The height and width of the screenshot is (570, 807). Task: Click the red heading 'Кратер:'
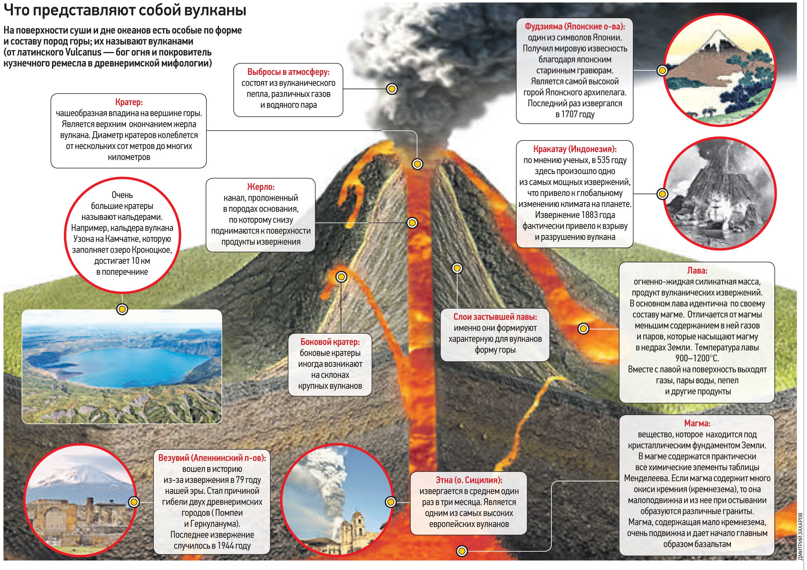(128, 102)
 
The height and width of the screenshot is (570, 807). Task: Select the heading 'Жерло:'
(261, 187)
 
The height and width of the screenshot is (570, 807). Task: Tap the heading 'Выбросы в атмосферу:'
(288, 72)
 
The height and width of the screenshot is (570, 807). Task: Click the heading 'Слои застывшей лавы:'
(495, 317)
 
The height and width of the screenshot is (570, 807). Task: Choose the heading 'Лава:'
(697, 271)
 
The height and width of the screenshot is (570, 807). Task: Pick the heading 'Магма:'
(697, 423)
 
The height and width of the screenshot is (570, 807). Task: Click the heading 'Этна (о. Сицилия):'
(469, 480)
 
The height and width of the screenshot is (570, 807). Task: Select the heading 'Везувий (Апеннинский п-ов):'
(212, 458)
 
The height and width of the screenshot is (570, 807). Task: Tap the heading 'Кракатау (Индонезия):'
(575, 149)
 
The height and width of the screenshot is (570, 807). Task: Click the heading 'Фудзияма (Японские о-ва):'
(575, 26)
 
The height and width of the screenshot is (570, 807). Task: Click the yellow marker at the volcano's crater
(417, 164)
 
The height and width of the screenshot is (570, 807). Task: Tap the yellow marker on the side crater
(341, 277)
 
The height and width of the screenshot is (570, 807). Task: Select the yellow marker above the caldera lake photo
(122, 309)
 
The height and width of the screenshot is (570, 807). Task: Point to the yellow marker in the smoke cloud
(392, 89)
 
